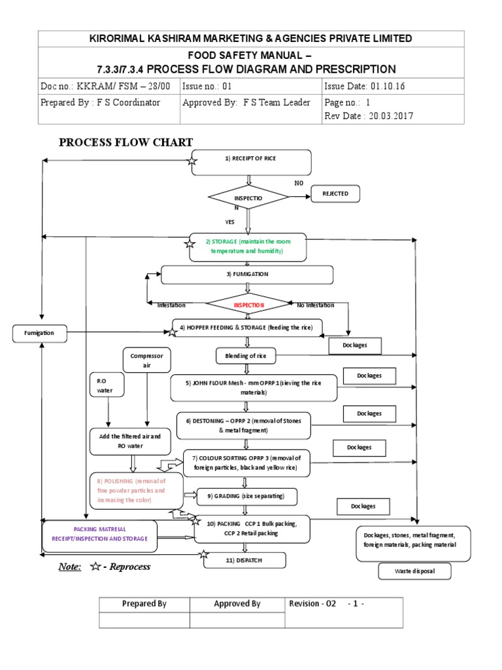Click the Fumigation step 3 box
point(247,275)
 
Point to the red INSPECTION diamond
point(247,305)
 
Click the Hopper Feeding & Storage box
point(248,327)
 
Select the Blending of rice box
point(246,355)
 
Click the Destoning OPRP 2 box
point(243,426)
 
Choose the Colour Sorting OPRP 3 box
point(246,463)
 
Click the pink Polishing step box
point(136,490)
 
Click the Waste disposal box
point(414,572)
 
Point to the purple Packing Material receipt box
point(99,534)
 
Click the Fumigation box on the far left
point(40,333)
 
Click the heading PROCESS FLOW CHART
point(126,142)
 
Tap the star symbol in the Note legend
point(95,567)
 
